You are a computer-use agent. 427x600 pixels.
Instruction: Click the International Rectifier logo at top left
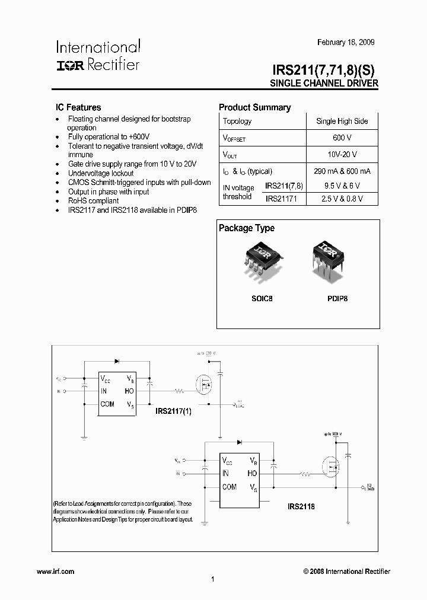(x=98, y=56)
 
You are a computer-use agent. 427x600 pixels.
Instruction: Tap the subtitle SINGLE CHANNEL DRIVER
(x=324, y=84)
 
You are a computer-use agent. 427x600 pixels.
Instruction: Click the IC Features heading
(x=78, y=107)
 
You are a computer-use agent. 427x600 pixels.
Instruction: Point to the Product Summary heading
(x=254, y=107)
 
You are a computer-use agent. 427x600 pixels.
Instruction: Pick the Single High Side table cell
(x=342, y=121)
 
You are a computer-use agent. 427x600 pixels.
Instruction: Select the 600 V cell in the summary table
(x=342, y=138)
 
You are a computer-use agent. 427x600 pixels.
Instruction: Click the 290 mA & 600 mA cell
(x=342, y=171)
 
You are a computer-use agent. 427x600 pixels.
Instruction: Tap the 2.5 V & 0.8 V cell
(x=342, y=199)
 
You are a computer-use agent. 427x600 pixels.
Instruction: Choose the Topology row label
(x=237, y=121)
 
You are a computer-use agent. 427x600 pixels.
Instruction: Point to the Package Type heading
(x=247, y=228)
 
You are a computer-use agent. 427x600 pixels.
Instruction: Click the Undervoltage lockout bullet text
(x=101, y=173)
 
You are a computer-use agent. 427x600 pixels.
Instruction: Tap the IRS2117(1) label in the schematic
(x=173, y=410)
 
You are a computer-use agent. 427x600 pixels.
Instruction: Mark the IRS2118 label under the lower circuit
(x=301, y=506)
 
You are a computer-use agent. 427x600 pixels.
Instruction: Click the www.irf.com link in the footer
(x=55, y=572)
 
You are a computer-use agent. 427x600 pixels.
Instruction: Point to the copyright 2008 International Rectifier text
(x=346, y=572)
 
